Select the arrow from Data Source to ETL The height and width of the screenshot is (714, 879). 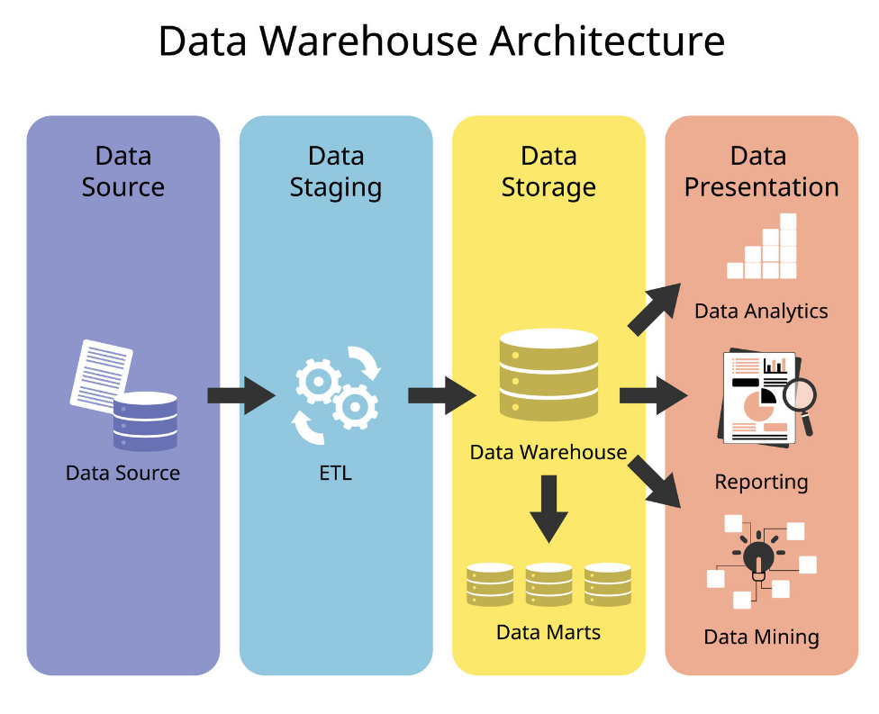tap(240, 395)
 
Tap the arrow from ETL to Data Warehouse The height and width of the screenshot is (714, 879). tap(441, 395)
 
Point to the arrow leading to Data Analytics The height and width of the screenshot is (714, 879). tap(655, 309)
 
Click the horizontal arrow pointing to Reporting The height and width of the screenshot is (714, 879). tap(653, 395)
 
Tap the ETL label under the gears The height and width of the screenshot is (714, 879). tap(336, 473)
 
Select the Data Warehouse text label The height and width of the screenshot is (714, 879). tap(548, 452)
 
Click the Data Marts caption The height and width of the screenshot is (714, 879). tap(548, 632)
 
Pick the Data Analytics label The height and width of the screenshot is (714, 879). tap(761, 312)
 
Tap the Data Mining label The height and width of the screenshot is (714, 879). tap(761, 637)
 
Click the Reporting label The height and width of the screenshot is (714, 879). tap(761, 482)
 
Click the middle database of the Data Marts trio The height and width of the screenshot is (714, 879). tap(548, 584)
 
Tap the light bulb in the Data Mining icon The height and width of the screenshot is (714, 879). tap(758, 556)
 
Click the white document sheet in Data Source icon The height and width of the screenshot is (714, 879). tap(99, 371)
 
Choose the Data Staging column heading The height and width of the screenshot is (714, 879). tap(336, 171)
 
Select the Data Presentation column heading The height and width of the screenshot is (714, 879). tap(761, 171)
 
